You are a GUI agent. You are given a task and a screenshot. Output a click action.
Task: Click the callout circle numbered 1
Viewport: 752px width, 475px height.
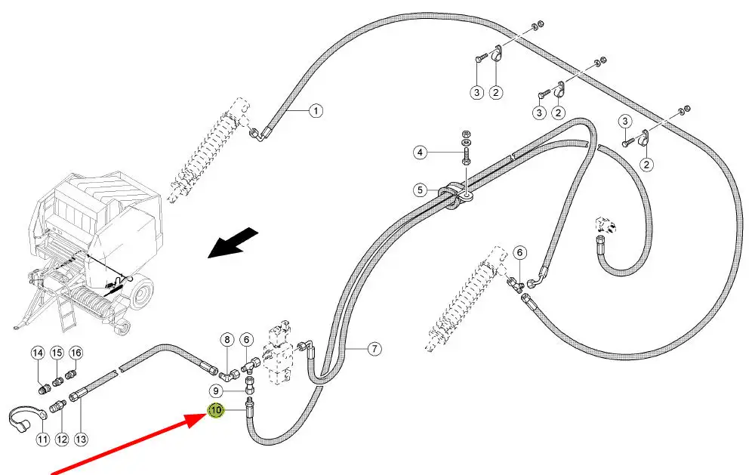(x=316, y=111)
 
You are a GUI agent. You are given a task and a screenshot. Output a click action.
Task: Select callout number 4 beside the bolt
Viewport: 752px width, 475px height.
(x=420, y=153)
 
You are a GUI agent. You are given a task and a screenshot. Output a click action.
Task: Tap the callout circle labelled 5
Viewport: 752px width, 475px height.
(x=420, y=190)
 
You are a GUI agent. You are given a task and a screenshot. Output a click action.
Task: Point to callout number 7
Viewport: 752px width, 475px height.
(x=374, y=349)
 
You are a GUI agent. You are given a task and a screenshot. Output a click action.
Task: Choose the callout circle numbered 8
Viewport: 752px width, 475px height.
(x=226, y=341)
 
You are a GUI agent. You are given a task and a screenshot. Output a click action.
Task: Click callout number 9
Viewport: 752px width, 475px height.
(x=216, y=391)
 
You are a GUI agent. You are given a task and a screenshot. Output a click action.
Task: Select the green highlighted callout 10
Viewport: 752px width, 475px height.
(x=216, y=411)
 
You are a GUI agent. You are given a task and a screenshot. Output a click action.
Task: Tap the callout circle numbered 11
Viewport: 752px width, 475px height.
(x=43, y=439)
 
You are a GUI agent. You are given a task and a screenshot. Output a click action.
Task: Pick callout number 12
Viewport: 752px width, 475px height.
(x=62, y=439)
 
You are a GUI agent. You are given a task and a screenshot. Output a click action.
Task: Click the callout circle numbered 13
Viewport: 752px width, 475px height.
(x=81, y=439)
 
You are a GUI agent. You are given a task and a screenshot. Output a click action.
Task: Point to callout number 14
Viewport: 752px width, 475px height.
(x=37, y=353)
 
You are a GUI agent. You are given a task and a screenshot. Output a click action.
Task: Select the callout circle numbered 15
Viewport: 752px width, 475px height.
(x=57, y=353)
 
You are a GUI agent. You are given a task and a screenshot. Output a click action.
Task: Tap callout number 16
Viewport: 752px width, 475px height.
(x=76, y=353)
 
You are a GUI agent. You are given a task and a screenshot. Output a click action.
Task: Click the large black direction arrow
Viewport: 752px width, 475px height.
(x=233, y=243)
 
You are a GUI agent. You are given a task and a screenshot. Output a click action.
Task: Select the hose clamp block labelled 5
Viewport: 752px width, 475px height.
(x=455, y=195)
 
